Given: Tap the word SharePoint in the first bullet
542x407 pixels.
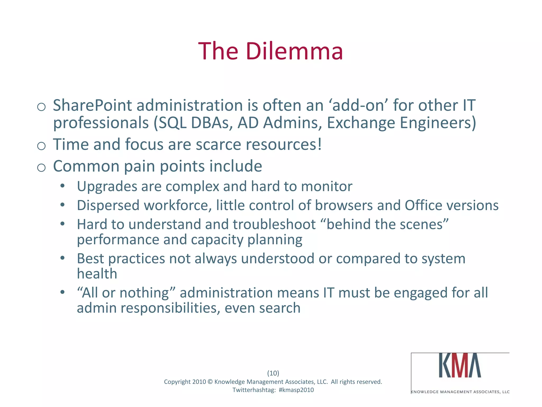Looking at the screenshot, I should click(x=92, y=105).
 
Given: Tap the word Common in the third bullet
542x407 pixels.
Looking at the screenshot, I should click(x=86, y=166).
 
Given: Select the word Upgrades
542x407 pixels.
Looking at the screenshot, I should click(x=107, y=187).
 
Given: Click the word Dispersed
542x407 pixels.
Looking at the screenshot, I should click(x=108, y=206).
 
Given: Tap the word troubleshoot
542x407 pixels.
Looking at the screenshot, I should click(x=274, y=225).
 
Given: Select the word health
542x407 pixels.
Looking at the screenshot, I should click(x=97, y=274).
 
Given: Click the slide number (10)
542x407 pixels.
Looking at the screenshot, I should click(x=273, y=373).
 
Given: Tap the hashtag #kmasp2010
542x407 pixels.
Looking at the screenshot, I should click(x=296, y=390).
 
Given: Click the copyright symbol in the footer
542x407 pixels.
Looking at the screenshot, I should click(x=210, y=382).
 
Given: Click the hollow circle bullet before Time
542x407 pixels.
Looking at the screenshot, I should click(x=41, y=146).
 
